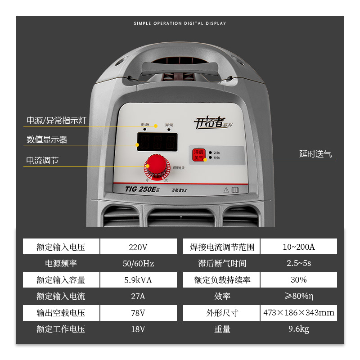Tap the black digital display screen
[x=157, y=143]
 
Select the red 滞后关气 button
[x=198, y=155]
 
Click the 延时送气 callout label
[x=315, y=154]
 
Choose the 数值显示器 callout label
[x=47, y=139]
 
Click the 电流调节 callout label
[x=42, y=161]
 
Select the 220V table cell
[x=138, y=247]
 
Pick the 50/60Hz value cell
[x=138, y=263]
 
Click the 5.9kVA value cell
[x=138, y=280]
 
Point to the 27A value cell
[x=138, y=296]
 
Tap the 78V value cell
[x=138, y=313]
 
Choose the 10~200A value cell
[x=298, y=247]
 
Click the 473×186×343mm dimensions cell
[x=298, y=313]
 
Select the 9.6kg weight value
[x=298, y=329]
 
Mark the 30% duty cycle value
[x=298, y=280]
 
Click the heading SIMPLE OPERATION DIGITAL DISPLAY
[x=180, y=23]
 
